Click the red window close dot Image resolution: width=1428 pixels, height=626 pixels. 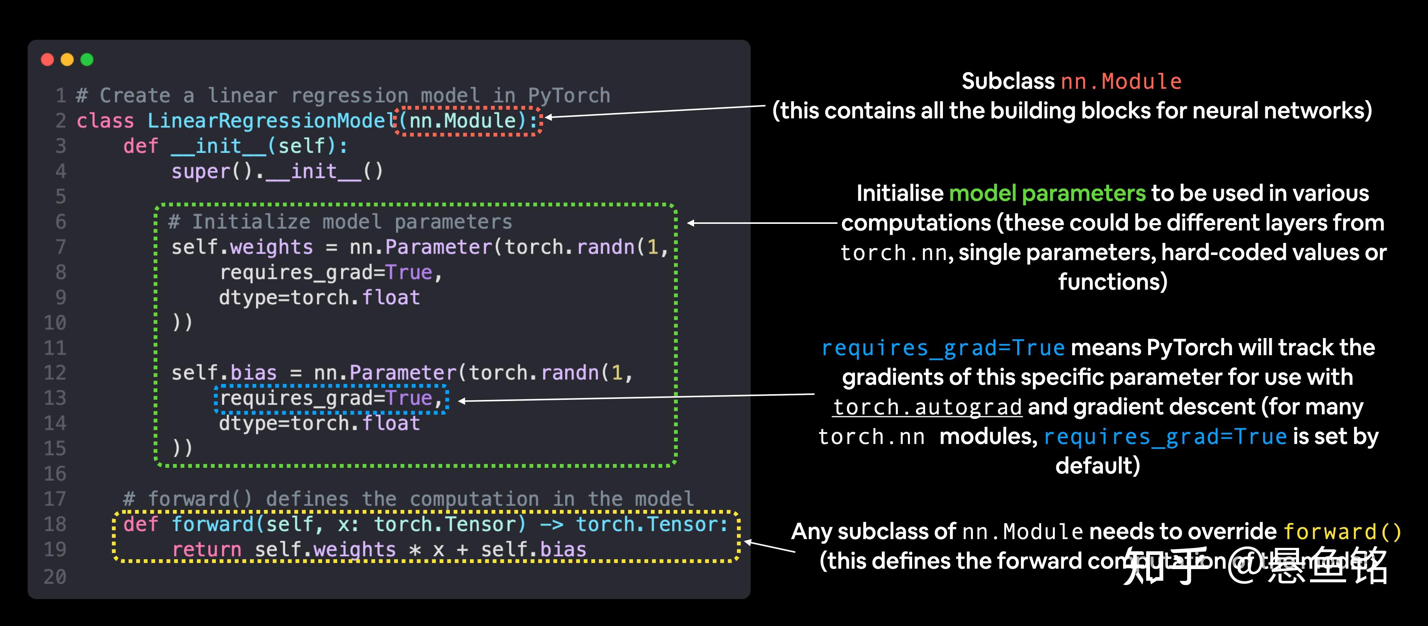[48, 59]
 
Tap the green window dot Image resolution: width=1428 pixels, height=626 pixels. [87, 59]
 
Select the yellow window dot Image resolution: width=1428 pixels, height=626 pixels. [67, 59]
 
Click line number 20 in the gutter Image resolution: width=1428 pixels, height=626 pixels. [55, 577]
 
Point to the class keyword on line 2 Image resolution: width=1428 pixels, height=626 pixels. [105, 121]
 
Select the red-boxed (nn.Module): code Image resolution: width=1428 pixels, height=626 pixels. [468, 121]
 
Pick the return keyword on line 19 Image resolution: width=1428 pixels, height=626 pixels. [206, 549]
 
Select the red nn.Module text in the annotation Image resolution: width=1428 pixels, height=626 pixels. [1121, 82]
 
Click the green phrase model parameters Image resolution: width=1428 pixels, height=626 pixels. [1046, 193]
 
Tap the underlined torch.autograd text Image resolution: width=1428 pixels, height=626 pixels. [927, 407]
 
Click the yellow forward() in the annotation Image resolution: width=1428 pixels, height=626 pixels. [1342, 532]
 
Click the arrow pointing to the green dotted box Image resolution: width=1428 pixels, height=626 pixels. [762, 223]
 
